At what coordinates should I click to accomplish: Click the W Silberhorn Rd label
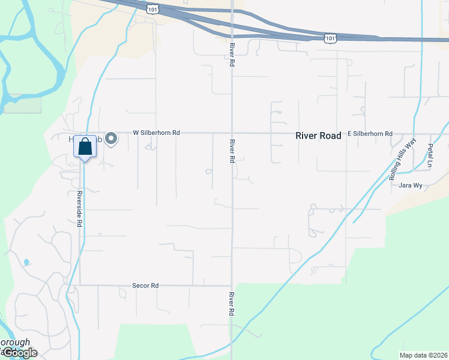click(x=156, y=132)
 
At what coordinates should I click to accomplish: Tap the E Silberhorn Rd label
click(x=370, y=134)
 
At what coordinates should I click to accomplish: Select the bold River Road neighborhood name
click(x=318, y=136)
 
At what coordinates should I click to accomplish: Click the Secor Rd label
click(x=145, y=286)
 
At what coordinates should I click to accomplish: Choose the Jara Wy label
click(x=411, y=185)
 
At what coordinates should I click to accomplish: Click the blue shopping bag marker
click(x=85, y=146)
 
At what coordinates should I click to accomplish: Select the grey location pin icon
click(x=111, y=139)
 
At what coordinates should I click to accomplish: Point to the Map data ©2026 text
click(x=423, y=355)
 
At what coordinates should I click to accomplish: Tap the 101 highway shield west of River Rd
click(x=152, y=8)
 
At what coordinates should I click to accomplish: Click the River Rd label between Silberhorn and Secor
click(x=232, y=152)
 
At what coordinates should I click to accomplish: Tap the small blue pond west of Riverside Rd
click(x=26, y=262)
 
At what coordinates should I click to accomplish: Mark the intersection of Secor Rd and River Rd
click(x=232, y=285)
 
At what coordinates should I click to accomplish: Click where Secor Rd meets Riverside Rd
click(x=80, y=285)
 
